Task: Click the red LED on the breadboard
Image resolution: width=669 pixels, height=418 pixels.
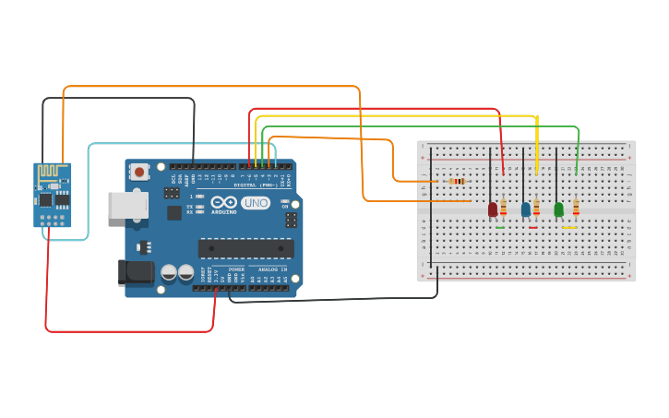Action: click(x=493, y=209)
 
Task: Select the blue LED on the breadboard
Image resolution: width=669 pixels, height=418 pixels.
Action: click(x=526, y=209)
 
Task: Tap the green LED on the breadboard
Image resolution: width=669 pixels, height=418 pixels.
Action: click(x=558, y=209)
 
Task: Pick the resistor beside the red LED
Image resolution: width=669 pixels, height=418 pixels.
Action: click(x=503, y=209)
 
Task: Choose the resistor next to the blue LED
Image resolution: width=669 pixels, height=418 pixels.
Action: click(x=536, y=209)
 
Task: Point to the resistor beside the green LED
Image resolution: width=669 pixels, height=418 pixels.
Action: click(x=576, y=209)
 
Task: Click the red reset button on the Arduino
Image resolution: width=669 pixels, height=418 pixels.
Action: click(x=139, y=171)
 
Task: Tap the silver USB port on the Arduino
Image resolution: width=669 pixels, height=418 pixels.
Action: click(x=127, y=205)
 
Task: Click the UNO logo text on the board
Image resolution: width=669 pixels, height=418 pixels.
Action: click(x=256, y=203)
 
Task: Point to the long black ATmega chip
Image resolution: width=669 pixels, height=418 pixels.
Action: click(x=245, y=248)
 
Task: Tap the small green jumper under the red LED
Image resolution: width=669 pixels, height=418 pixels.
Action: click(x=500, y=227)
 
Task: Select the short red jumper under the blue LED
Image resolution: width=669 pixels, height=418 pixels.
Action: click(x=532, y=227)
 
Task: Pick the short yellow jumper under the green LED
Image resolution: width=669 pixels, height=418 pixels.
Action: click(x=569, y=227)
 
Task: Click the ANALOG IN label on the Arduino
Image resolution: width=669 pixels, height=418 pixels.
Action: click(x=271, y=269)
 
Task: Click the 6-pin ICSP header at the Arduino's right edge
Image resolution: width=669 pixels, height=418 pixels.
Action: click(x=291, y=220)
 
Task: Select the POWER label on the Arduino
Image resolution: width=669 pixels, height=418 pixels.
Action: click(x=236, y=269)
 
